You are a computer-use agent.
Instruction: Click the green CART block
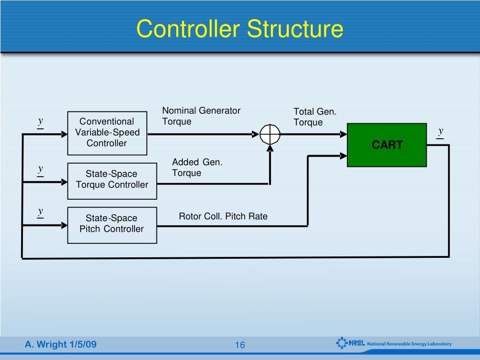[387, 145]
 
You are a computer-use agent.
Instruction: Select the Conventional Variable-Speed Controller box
[107, 133]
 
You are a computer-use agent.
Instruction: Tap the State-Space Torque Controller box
[112, 180]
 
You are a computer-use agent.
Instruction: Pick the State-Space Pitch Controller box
[112, 224]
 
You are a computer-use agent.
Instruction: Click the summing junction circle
[270, 135]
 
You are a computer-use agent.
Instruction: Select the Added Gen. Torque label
[197, 167]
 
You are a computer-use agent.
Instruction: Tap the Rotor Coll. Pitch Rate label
[223, 216]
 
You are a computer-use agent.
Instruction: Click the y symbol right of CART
[441, 132]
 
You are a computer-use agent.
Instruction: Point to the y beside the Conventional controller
[41, 122]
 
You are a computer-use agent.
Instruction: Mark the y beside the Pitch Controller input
[41, 212]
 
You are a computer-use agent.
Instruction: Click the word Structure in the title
[295, 29]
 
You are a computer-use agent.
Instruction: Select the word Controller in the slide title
[189, 29]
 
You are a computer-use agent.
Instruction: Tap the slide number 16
[240, 345]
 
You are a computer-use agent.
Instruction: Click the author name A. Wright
[46, 345]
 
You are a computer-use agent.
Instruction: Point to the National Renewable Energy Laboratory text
[409, 344]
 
